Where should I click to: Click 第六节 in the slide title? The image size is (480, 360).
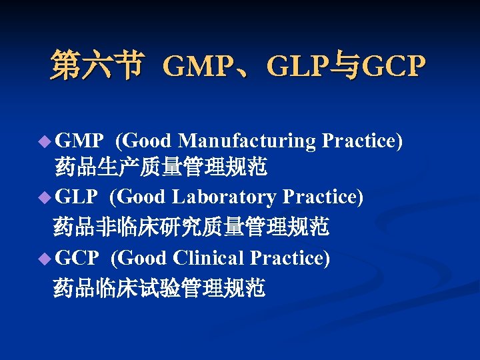click(x=96, y=66)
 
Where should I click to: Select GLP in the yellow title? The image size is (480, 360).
click(x=295, y=67)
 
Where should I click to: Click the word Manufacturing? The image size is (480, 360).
click(x=247, y=141)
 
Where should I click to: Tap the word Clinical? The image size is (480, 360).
click(x=208, y=257)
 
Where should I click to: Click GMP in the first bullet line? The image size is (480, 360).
click(x=79, y=141)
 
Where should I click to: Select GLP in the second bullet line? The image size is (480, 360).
click(x=77, y=198)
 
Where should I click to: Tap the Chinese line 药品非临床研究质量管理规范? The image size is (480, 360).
click(x=191, y=227)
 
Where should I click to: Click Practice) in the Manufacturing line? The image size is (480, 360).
click(x=362, y=141)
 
